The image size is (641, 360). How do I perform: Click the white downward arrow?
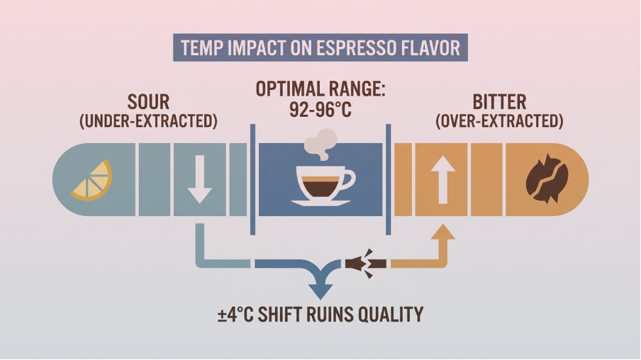[199, 180]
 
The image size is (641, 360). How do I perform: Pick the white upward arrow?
[442, 179]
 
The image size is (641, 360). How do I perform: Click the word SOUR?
[148, 101]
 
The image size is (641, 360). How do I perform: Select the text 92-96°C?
[320, 111]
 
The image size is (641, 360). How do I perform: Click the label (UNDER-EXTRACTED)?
[148, 121]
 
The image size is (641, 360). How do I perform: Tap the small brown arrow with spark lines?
[365, 263]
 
